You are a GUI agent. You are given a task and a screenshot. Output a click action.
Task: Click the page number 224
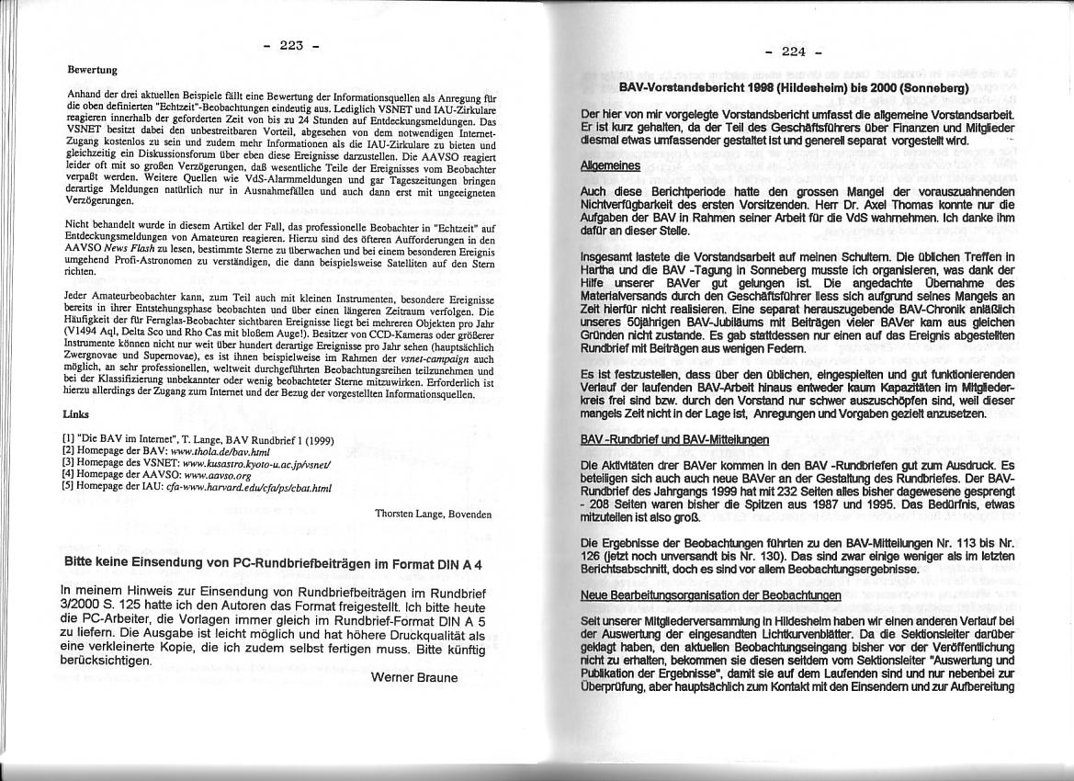[793, 51]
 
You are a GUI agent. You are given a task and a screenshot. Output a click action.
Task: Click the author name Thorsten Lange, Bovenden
[434, 514]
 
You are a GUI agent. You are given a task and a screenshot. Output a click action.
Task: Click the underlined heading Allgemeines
[611, 165]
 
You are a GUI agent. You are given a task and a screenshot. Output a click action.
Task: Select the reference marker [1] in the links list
[67, 440]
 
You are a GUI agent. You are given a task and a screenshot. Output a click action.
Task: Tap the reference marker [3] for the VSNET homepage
[67, 465]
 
